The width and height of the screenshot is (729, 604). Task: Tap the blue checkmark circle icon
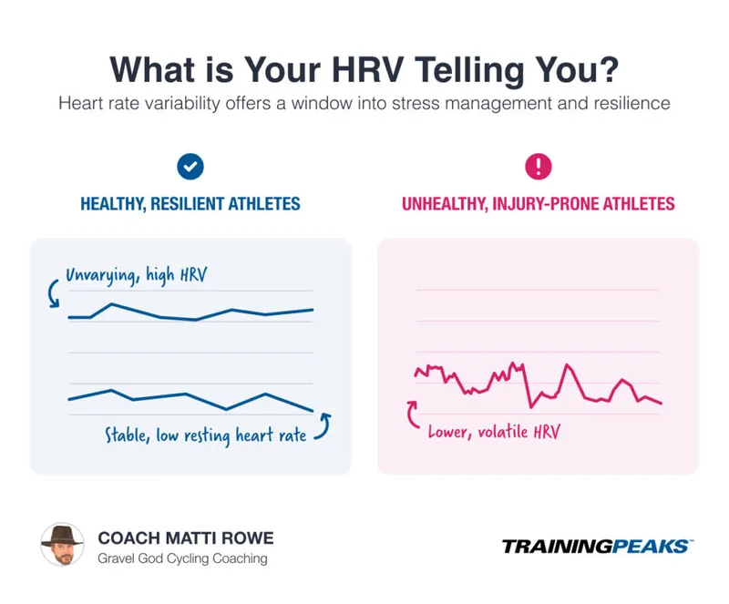190,166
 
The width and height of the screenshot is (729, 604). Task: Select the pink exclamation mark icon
539,166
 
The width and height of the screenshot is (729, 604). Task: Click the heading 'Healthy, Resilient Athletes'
190,203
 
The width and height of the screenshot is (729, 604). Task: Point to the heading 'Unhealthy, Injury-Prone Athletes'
539,203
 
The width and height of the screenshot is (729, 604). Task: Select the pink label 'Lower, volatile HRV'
494,431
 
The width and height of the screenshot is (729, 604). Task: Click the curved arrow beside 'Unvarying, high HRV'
52,292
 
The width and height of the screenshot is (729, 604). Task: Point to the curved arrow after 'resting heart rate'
323,425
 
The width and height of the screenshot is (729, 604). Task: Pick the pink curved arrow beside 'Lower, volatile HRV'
414,415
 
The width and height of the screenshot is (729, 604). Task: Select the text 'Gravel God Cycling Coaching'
182,558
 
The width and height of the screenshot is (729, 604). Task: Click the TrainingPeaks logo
597,547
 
